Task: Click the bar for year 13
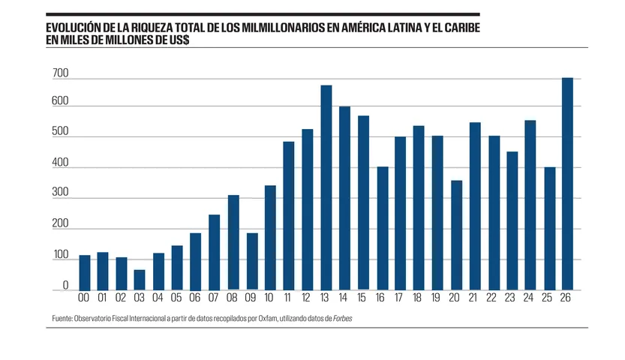(x=326, y=187)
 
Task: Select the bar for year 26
(x=567, y=184)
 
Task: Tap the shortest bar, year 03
(x=140, y=280)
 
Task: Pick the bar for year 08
(x=233, y=242)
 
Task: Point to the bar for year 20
(x=455, y=235)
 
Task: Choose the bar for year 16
(x=382, y=228)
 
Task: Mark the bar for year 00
(x=85, y=272)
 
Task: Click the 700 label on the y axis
(x=61, y=73)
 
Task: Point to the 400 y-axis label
(x=61, y=163)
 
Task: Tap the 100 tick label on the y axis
(x=61, y=256)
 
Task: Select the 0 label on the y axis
(x=65, y=286)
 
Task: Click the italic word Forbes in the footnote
(x=340, y=318)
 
